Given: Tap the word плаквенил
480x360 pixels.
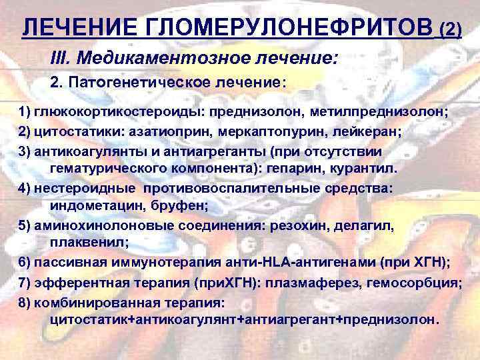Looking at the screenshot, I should pos(81,244).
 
